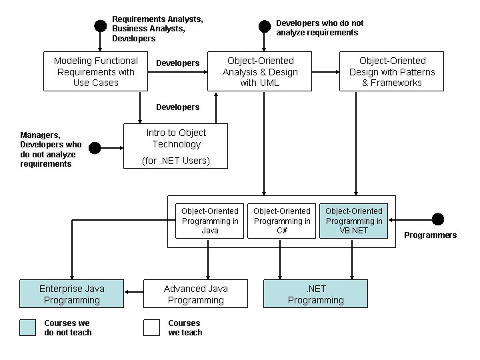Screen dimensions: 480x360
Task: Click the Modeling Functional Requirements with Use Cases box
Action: pyautogui.click(x=95, y=71)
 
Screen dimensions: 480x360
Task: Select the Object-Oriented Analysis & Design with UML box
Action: pyautogui.click(x=259, y=71)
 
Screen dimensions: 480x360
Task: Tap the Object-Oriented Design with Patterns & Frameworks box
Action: pyautogui.click(x=391, y=71)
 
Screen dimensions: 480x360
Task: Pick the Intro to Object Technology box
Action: pyautogui.click(x=176, y=146)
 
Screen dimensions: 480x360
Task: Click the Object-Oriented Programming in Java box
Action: pyautogui.click(x=210, y=221)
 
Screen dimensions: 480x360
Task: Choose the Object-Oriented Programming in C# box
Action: pyautogui.click(x=281, y=221)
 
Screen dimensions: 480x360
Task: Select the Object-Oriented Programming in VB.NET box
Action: pyautogui.click(x=353, y=221)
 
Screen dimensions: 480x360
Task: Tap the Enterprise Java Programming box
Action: pyautogui.click(x=71, y=293)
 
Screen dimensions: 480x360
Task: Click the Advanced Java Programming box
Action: pyautogui.click(x=195, y=293)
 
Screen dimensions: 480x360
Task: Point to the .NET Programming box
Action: pyautogui.click(x=315, y=293)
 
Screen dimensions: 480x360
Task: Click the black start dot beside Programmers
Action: pyautogui.click(x=438, y=219)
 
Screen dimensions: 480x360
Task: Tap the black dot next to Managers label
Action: pyautogui.click(x=95, y=148)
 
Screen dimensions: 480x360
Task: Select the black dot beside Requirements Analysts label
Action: pyautogui.click(x=100, y=26)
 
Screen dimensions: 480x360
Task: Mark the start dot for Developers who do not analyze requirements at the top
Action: pyautogui.click(x=265, y=26)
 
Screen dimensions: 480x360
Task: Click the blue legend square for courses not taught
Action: pyautogui.click(x=27, y=327)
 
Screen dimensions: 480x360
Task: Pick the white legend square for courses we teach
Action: pyautogui.click(x=151, y=327)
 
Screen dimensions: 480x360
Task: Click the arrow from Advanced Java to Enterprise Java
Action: pyautogui.click(x=134, y=292)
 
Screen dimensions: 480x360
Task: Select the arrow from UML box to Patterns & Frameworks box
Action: pyautogui.click(x=326, y=72)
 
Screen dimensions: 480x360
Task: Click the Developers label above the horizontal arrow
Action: pyautogui.click(x=178, y=63)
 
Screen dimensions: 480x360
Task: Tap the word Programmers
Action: pyautogui.click(x=431, y=235)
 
